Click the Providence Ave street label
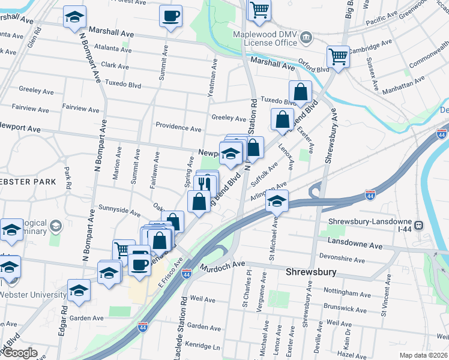(178, 128)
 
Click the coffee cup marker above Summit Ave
(170, 16)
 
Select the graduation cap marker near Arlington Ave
(277, 201)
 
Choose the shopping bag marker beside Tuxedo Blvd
(300, 92)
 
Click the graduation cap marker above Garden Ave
(79, 290)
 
